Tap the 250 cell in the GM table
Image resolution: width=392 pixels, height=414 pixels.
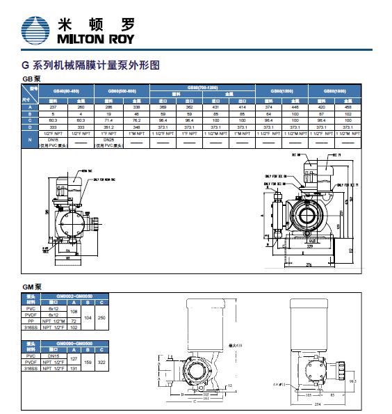pyautogui.click(x=102, y=317)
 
